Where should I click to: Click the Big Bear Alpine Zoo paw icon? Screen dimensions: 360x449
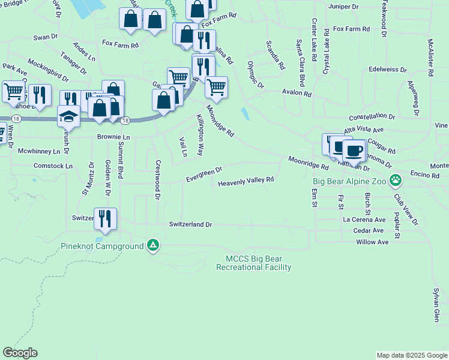396,179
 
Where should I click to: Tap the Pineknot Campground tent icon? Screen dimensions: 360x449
153,245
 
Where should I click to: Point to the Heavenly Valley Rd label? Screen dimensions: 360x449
246,180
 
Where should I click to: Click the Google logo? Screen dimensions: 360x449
20,353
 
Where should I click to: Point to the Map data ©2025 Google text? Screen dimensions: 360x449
411,355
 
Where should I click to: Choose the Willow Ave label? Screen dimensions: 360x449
372,242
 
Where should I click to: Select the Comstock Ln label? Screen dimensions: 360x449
53,166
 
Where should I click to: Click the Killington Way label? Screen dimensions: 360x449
200,134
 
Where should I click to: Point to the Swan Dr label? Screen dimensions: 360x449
46,37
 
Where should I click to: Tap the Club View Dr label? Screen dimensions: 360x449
406,209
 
